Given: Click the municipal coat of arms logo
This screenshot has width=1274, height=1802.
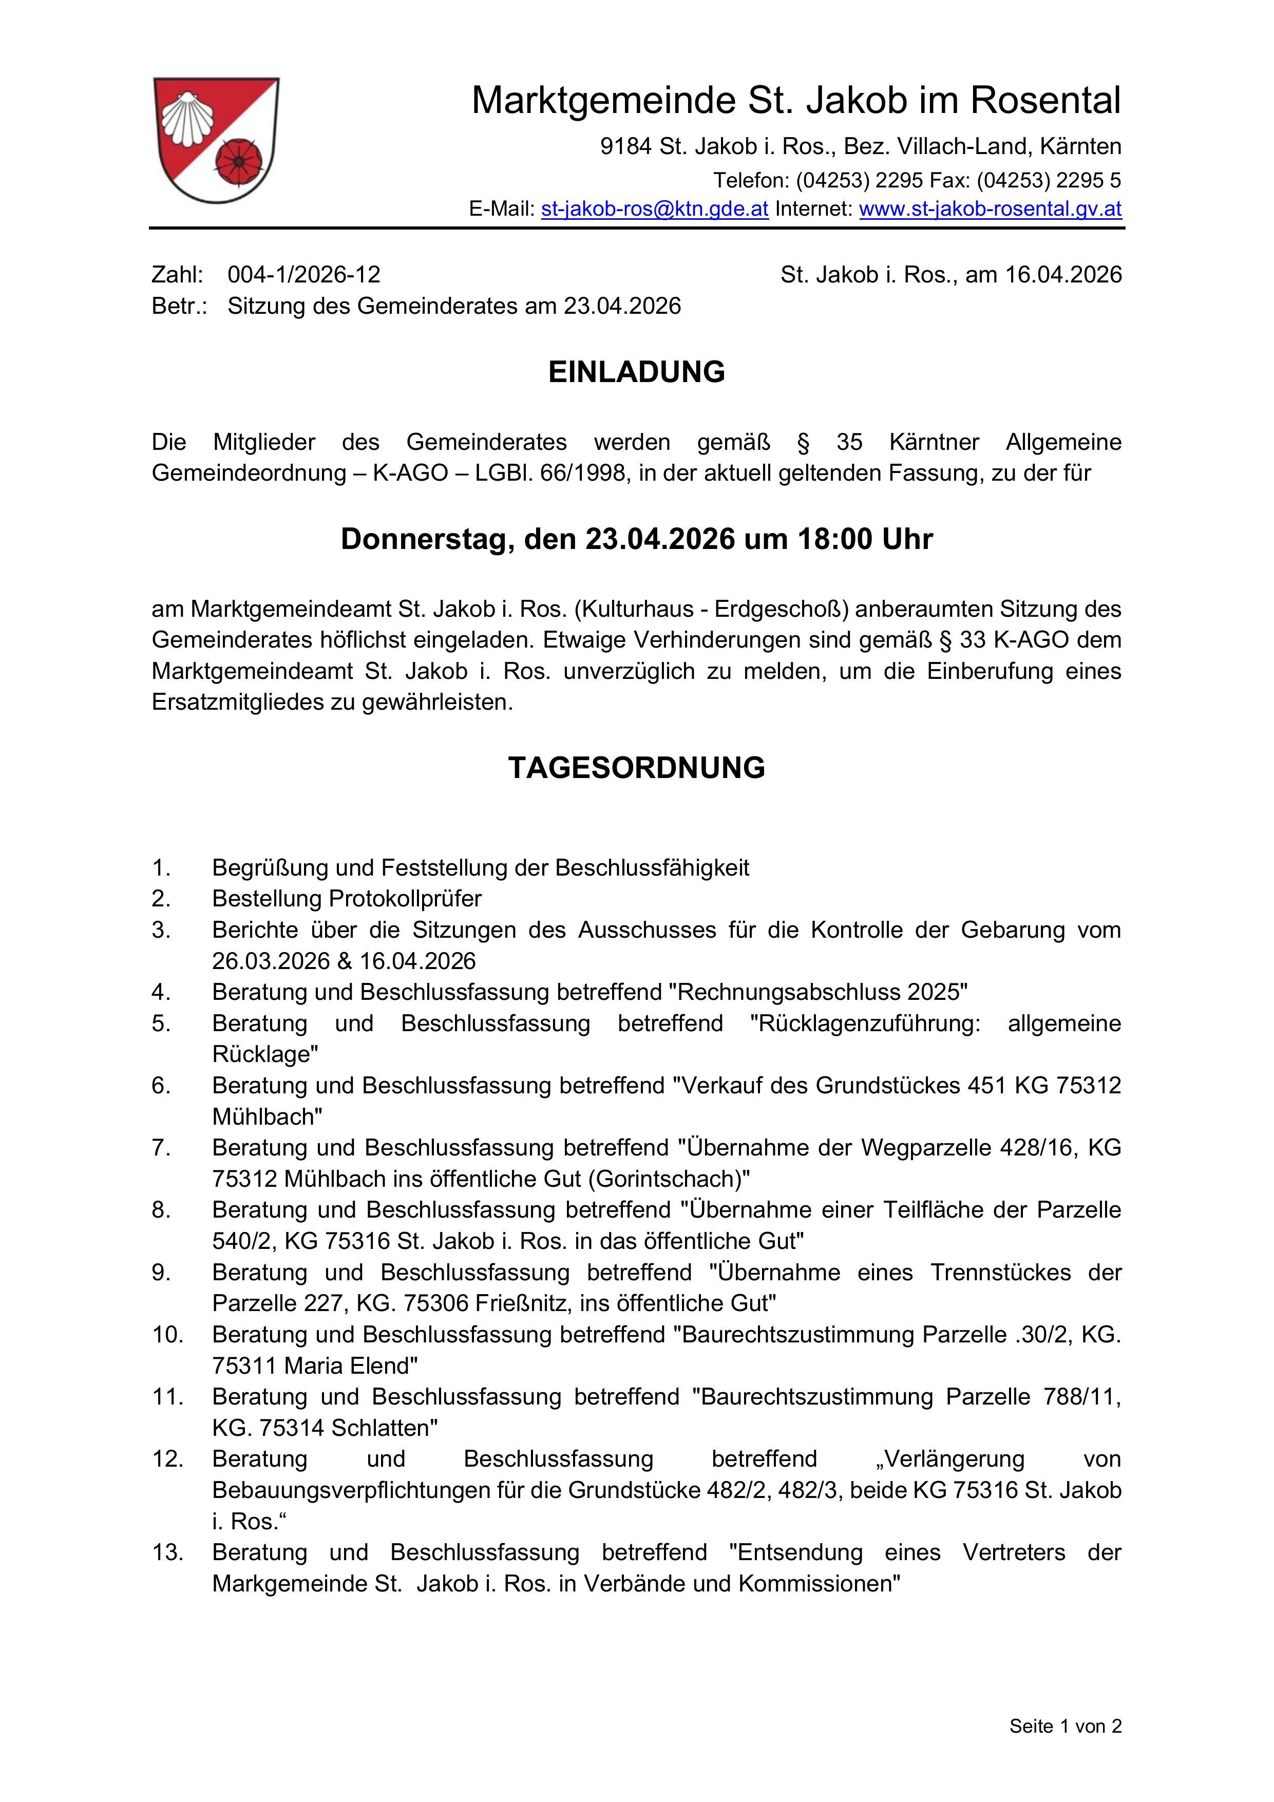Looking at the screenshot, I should (x=216, y=140).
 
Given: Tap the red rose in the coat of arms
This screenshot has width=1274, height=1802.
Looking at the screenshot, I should (x=236, y=162).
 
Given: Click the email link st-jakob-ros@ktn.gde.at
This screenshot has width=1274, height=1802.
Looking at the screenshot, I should (x=655, y=209).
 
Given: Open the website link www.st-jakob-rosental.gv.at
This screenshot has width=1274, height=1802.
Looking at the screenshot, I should (x=990, y=209).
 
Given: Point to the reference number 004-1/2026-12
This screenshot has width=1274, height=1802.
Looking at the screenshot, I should (x=304, y=275).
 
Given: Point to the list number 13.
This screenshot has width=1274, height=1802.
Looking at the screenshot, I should (x=167, y=1552).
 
